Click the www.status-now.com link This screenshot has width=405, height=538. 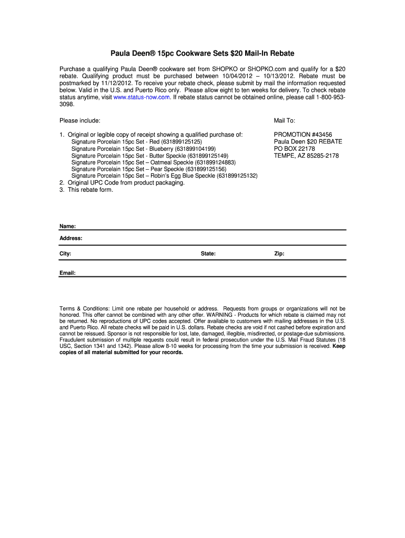(142, 97)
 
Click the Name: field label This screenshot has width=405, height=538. (67, 226)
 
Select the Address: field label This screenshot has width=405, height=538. (71, 239)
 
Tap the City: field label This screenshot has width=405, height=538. (65, 254)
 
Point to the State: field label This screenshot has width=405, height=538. (208, 254)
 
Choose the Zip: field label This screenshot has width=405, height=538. (279, 254)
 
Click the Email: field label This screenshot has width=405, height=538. (67, 273)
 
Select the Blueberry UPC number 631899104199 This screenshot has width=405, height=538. (196, 149)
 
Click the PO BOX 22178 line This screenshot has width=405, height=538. (295, 149)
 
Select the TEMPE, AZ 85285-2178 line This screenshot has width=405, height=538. (307, 156)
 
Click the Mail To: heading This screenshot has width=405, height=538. (285, 121)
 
